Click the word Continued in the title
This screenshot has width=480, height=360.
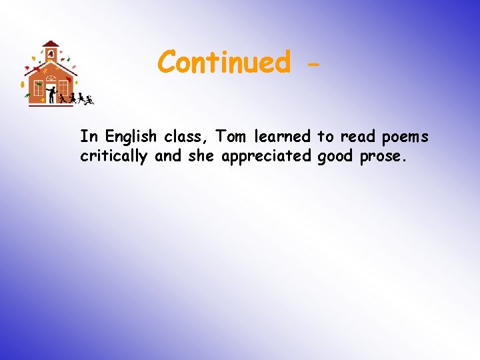click(224, 62)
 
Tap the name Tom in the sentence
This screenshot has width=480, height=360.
click(231, 137)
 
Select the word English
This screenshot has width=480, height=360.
click(129, 137)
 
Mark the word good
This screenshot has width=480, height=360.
click(335, 157)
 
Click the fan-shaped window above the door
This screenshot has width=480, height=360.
click(51, 79)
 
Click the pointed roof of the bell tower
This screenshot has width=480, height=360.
click(51, 43)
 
